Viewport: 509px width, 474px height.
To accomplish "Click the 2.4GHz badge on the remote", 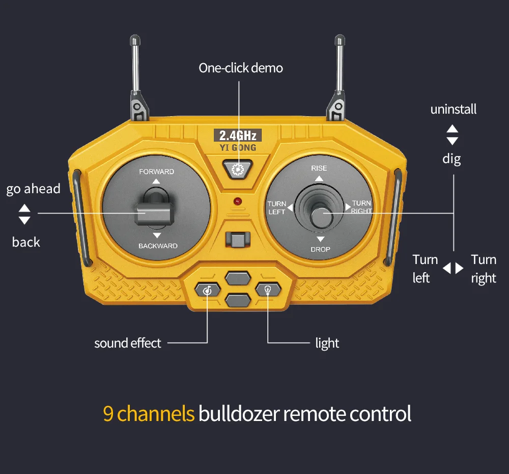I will [x=238, y=136].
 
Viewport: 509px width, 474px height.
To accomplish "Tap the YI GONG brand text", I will [x=238, y=148].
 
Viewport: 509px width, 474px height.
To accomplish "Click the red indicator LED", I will [x=237, y=202].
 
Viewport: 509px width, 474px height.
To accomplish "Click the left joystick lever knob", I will [x=154, y=213].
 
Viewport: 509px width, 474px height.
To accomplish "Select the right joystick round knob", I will [x=321, y=217].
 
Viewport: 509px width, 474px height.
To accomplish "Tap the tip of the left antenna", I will [x=134, y=39].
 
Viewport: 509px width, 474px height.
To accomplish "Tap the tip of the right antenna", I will [x=339, y=39].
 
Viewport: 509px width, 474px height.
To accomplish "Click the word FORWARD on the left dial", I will [x=156, y=172].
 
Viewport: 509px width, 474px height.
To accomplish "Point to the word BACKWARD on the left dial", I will [x=158, y=246].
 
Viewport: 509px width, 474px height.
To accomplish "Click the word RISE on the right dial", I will [x=319, y=168].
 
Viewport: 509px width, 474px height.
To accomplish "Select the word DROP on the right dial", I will [x=320, y=249].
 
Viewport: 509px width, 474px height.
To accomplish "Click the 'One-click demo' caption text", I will [x=240, y=68].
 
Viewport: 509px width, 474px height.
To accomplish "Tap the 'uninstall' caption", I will [x=453, y=109].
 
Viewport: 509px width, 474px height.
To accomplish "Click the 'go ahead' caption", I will [x=33, y=189].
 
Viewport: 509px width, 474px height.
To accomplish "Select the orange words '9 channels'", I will [x=149, y=413].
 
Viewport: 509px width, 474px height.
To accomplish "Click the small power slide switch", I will [x=237, y=239].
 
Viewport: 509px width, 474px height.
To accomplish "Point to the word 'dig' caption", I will [x=451, y=159].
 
